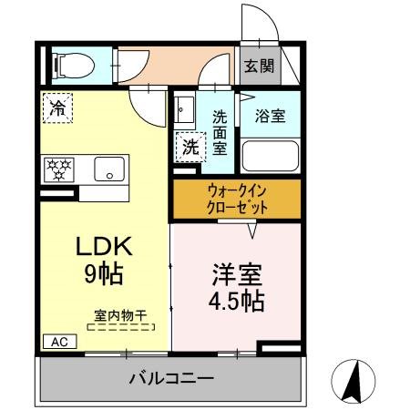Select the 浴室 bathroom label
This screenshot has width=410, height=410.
269,116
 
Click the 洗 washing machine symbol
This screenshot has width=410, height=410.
190,144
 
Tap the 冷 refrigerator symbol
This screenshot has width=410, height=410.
56,107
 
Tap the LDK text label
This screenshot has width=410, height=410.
105,245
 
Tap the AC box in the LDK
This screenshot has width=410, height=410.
58,343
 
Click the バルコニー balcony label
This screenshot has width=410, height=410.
170,377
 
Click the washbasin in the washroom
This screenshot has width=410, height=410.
183,112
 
